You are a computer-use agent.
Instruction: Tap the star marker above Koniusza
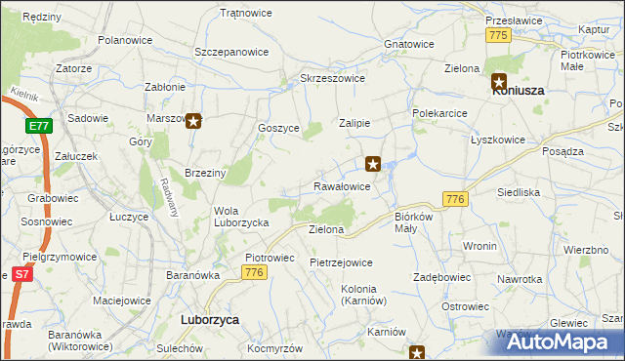point(499,82)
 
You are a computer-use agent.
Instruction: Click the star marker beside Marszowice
point(193,122)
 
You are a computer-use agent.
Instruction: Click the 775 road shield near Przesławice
point(498,35)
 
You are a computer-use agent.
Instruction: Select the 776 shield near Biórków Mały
point(453,199)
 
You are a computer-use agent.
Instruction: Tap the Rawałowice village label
point(342,185)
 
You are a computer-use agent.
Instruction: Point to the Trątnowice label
point(246,14)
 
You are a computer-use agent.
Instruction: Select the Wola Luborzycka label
point(241,217)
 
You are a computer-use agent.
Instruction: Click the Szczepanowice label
point(231,51)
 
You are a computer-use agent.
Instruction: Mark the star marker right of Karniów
point(418,353)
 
